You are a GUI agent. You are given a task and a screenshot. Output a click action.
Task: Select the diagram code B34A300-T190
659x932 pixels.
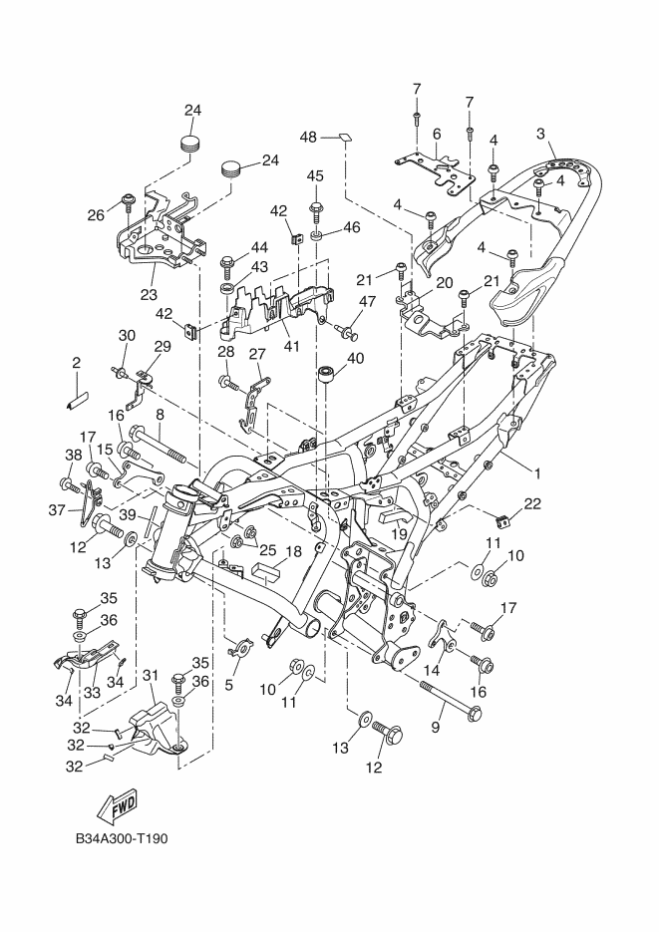[122, 838]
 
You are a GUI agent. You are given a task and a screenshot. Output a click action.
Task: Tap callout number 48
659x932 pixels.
[308, 138]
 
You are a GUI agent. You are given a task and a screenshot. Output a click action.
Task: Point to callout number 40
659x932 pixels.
[355, 359]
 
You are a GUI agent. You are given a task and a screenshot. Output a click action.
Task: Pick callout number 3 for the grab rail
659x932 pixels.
[540, 134]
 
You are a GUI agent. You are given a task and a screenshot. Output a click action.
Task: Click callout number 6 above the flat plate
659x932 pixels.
[437, 135]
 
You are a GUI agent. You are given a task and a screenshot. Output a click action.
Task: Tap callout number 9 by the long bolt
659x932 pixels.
[435, 727]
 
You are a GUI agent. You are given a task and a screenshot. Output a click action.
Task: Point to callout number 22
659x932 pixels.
[532, 504]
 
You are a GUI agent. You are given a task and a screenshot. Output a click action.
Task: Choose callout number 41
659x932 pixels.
[291, 346]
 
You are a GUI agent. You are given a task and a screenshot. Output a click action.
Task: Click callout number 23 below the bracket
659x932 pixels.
[149, 294]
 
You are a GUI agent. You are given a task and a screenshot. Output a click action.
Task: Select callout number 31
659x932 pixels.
[151, 676]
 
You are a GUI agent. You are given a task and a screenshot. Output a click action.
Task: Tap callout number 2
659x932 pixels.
[76, 363]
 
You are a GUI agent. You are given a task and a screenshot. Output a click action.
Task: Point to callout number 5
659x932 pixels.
[228, 685]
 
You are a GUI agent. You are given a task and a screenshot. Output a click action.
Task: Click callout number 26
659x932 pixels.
[96, 214]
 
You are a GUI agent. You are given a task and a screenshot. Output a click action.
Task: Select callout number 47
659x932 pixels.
[367, 301]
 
